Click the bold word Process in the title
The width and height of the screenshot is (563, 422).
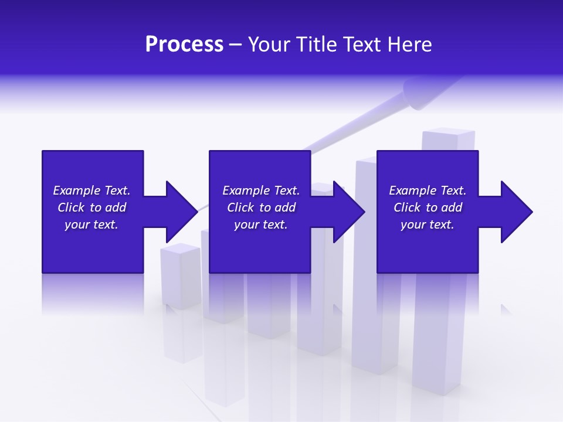point(184,45)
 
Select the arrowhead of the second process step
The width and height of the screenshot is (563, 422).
point(348,212)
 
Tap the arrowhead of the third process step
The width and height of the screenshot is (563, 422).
point(515,212)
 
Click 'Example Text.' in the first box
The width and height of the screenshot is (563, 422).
point(91,190)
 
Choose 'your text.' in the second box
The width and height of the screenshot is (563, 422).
point(260,224)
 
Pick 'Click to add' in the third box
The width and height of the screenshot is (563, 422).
point(428,207)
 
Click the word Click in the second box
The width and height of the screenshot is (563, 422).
point(240,207)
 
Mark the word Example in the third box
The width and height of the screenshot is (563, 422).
point(412,190)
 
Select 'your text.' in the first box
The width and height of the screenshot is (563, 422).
point(91,224)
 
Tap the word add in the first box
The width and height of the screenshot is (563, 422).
point(116,207)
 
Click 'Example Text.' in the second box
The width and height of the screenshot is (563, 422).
point(260,190)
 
